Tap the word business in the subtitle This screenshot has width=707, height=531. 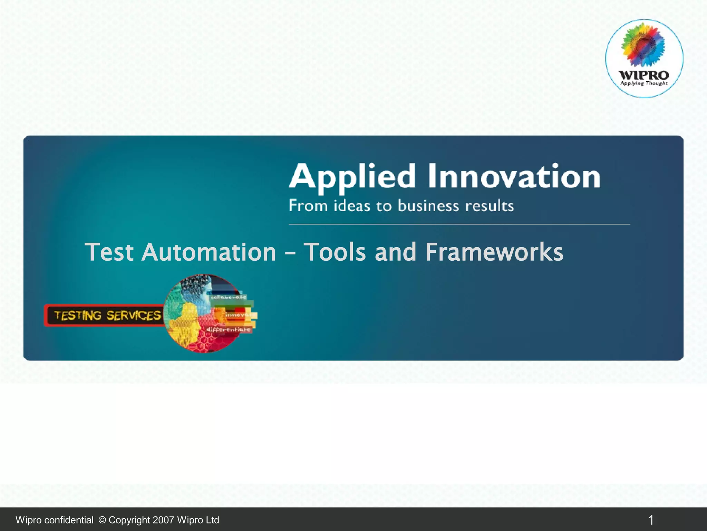pos(428,206)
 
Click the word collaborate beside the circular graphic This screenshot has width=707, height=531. pos(229,297)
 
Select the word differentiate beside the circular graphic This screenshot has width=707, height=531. pos(228,329)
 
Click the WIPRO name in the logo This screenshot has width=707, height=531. pos(644,75)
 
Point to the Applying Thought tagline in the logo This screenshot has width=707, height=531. pos(644,83)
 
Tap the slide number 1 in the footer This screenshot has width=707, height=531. pos(651,520)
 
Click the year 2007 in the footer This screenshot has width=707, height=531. pos(163,520)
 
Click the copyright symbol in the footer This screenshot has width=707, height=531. pos(102,520)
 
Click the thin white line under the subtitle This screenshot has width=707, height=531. pos(459,224)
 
